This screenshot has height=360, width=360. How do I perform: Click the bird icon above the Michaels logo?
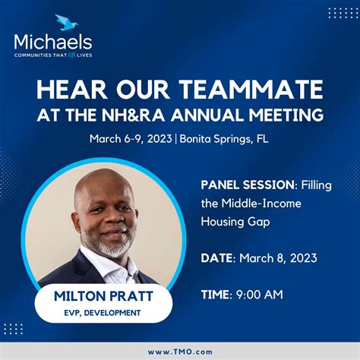66,23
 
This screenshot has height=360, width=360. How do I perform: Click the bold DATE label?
219,258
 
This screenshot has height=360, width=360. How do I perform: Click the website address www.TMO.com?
180,352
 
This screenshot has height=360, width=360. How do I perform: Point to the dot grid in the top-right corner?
343,13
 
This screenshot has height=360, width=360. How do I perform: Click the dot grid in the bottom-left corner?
14,328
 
